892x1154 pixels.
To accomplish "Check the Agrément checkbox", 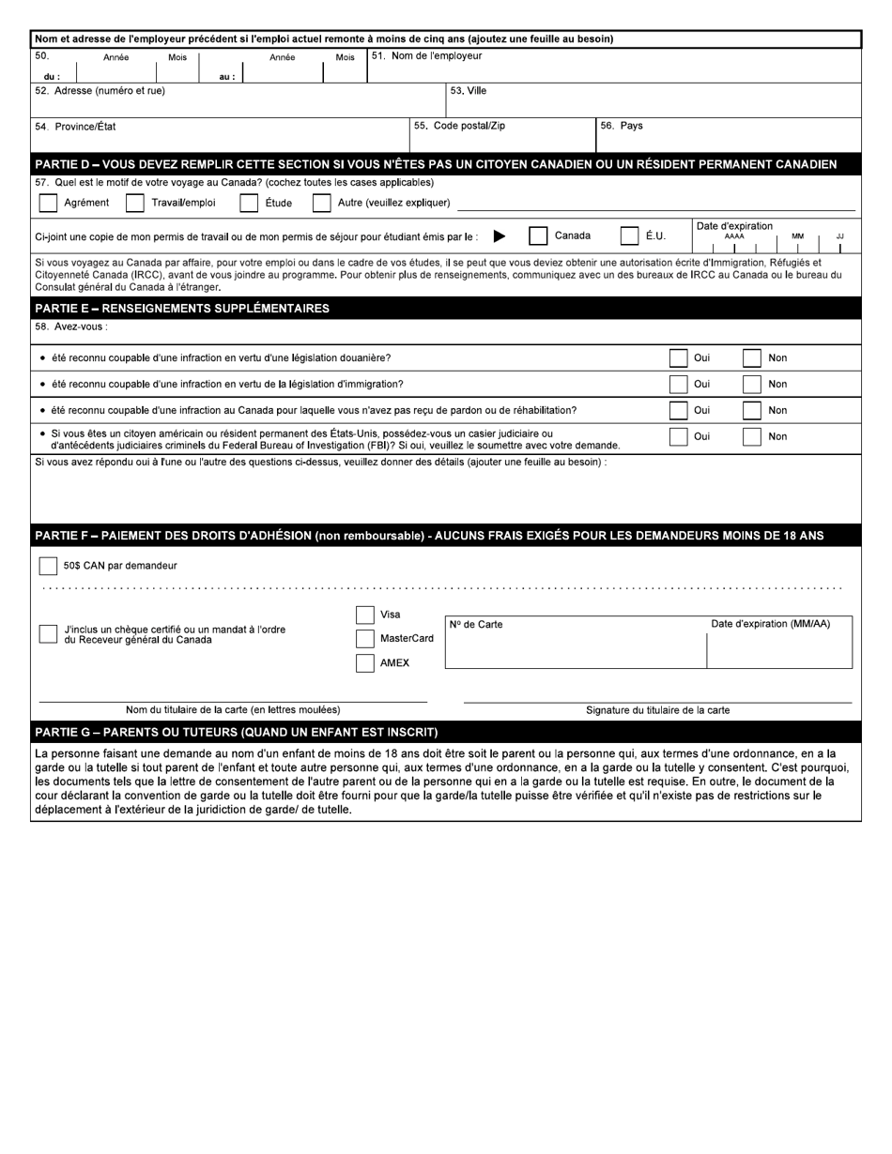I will click(x=48, y=203).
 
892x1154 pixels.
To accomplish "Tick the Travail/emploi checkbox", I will click(x=135, y=203).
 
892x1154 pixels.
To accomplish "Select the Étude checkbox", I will click(x=249, y=203).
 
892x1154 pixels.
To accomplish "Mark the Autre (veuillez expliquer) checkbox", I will click(x=321, y=203).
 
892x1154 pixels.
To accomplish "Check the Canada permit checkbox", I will click(x=538, y=236).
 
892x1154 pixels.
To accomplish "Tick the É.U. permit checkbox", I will click(x=629, y=236).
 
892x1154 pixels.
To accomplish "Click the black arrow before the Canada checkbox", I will click(x=500, y=236).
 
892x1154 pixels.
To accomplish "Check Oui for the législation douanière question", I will click(x=678, y=357).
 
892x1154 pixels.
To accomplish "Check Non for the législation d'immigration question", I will click(x=751, y=384).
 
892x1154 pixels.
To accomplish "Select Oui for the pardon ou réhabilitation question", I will click(x=678, y=410).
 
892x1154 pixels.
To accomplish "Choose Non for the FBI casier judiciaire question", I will click(x=751, y=436).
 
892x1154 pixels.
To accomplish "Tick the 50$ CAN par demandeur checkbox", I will click(x=48, y=566).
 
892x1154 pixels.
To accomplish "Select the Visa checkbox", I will click(x=365, y=615).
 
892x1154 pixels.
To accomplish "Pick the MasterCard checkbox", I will click(x=365, y=639).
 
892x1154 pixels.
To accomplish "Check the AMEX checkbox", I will click(x=365, y=663).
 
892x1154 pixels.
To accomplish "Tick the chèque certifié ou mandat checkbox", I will click(x=48, y=634).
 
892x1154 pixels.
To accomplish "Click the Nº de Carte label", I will click(x=476, y=625).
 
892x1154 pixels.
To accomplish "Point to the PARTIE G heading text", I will click(x=236, y=732).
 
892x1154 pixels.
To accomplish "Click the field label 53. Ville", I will click(x=469, y=91).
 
